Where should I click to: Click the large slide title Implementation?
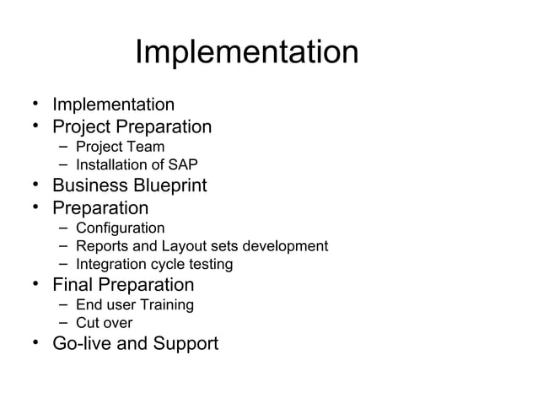(x=246, y=53)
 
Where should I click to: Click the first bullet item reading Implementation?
(x=113, y=105)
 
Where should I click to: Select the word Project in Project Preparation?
(x=83, y=127)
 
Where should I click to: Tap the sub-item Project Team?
(x=120, y=148)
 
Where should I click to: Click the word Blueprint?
(x=169, y=185)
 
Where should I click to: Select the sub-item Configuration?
(x=120, y=228)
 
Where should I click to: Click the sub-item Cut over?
(x=104, y=323)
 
